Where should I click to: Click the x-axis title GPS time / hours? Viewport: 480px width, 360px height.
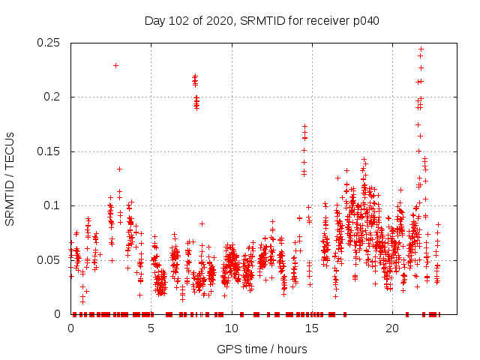tap(262, 349)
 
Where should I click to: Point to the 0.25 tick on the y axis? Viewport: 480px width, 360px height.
tap(49, 43)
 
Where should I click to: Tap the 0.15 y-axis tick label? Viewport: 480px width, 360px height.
tap(49, 151)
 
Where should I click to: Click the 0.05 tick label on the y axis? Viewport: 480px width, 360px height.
tap(49, 260)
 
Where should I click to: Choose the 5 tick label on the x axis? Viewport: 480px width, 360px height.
tap(151, 328)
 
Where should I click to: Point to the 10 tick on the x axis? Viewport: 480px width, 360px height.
tap(232, 328)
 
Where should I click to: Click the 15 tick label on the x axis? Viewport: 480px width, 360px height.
tap(312, 328)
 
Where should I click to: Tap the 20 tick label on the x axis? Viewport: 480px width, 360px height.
tap(392, 328)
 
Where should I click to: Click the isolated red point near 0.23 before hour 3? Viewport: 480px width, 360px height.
tap(115, 65)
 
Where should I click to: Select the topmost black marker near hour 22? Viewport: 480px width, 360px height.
tap(421, 49)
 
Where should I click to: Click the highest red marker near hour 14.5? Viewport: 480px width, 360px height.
tap(304, 127)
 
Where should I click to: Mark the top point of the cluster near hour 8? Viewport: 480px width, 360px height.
tap(195, 76)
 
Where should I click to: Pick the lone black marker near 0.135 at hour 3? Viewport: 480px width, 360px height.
tap(119, 169)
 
